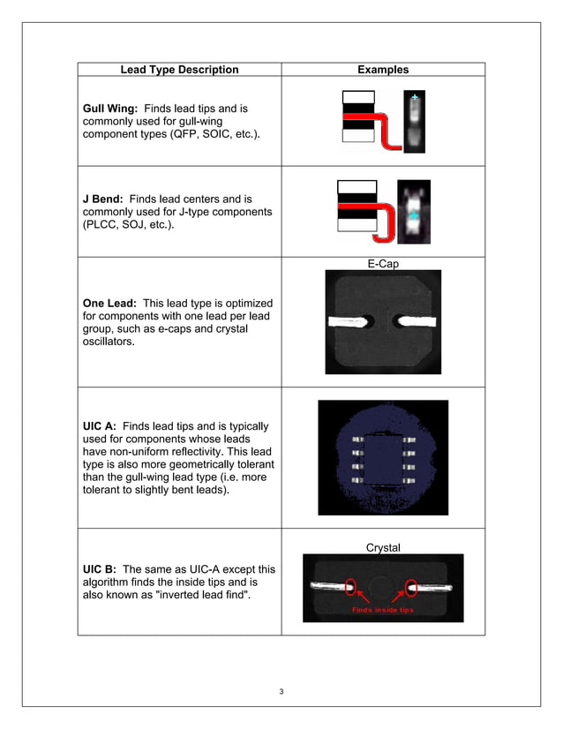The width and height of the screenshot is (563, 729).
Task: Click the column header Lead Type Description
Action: point(179,70)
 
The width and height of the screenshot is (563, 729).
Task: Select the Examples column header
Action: point(383,70)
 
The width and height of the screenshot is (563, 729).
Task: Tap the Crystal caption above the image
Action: point(383,548)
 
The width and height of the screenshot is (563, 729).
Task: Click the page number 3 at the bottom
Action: point(281,690)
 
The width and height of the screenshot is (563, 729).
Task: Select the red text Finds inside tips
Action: point(382,610)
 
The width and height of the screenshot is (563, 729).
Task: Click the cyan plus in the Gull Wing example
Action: point(414,97)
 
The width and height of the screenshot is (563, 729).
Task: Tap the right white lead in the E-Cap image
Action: point(415,320)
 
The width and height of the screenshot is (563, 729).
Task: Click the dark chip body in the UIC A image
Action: point(383,457)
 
